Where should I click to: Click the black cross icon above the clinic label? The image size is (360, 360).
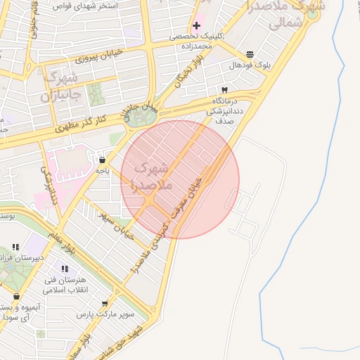pos(196,26)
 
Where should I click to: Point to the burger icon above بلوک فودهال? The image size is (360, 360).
pos(250,54)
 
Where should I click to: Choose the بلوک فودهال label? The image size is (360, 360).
pos(250,65)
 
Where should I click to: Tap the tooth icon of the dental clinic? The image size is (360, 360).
pos(224,89)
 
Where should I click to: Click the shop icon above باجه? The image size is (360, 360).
pos(103,159)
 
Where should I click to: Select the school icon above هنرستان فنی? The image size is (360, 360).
pos(65,269)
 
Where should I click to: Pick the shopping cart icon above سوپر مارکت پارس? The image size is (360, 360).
pos(105,304)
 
